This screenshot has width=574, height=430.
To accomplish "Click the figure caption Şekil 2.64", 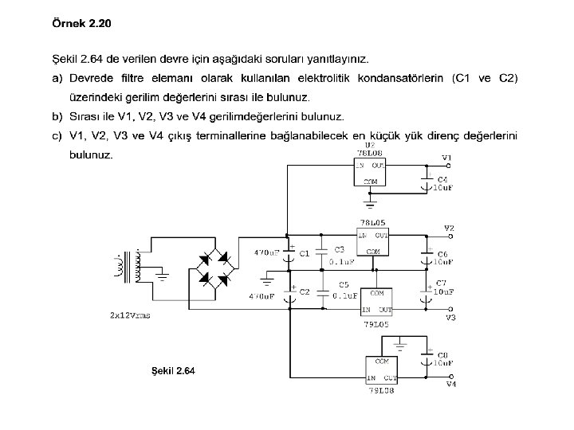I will pyautogui.click(x=173, y=370).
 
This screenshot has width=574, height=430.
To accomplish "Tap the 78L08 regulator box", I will pyautogui.click(x=371, y=172).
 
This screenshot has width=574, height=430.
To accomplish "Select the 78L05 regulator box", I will pyautogui.click(x=372, y=242).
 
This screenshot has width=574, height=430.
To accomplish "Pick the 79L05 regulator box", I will pyautogui.click(x=376, y=302).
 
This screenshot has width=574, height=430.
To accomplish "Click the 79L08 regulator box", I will pyautogui.click(x=382, y=369).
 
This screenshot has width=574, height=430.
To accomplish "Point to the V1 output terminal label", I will pyautogui.click(x=446, y=158).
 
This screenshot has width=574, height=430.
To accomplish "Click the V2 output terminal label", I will pyautogui.click(x=450, y=228).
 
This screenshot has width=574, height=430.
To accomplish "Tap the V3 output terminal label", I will pyautogui.click(x=450, y=318).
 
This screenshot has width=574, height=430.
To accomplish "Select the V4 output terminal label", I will pyautogui.click(x=451, y=385).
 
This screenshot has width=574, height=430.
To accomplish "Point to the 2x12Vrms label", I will pyautogui.click(x=130, y=315).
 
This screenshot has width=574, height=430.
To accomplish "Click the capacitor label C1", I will pyautogui.click(x=304, y=253).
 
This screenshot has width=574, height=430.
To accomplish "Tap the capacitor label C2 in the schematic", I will pyautogui.click(x=304, y=291).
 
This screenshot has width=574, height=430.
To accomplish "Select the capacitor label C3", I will pyautogui.click(x=339, y=249).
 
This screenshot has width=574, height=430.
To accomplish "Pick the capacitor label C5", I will pyautogui.click(x=343, y=284).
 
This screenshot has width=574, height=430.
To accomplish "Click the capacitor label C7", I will pyautogui.click(x=441, y=283).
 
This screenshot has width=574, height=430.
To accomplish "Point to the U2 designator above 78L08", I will pyautogui.click(x=370, y=145).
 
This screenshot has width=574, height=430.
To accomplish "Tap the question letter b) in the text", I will pyautogui.click(x=57, y=115).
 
